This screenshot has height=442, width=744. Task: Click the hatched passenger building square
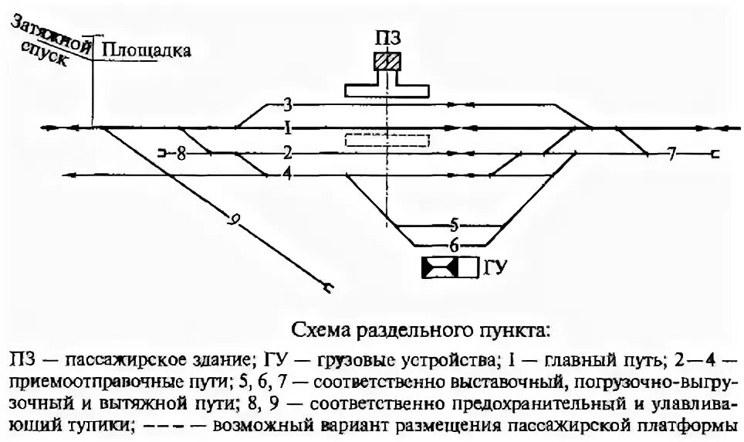(386, 61)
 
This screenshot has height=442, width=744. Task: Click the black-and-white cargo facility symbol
(449, 267)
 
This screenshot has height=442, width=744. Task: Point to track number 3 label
(287, 104)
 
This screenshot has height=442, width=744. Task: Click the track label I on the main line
(287, 127)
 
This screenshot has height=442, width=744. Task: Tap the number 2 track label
(287, 151)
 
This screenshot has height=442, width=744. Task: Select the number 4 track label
(287, 175)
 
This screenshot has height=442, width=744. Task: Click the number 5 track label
(454, 225)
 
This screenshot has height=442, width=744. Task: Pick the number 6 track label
(454, 246)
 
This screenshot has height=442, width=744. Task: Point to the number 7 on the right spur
(671, 153)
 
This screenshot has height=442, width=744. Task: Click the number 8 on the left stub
(181, 153)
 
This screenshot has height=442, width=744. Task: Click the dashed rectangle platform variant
(386, 140)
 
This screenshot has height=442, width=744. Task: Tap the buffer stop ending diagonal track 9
(330, 289)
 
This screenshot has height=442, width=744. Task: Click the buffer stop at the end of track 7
(716, 154)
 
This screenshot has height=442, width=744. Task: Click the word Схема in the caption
(317, 331)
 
